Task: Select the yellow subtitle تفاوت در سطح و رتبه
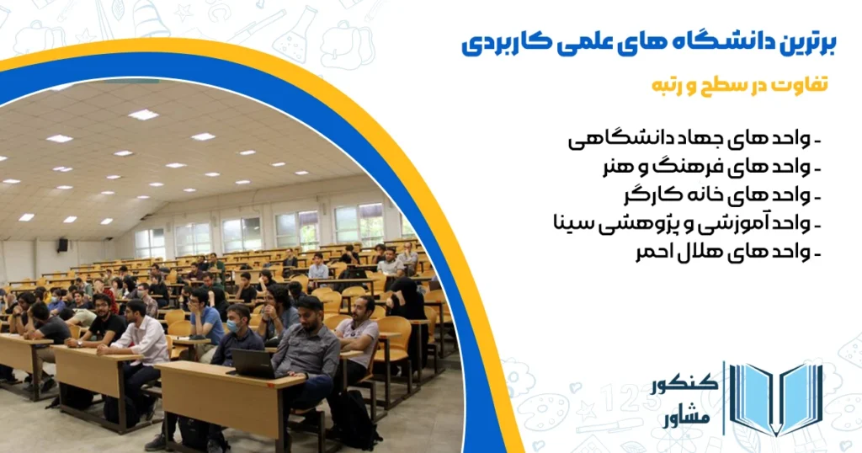[740, 85]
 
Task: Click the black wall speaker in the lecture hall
[62, 245]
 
